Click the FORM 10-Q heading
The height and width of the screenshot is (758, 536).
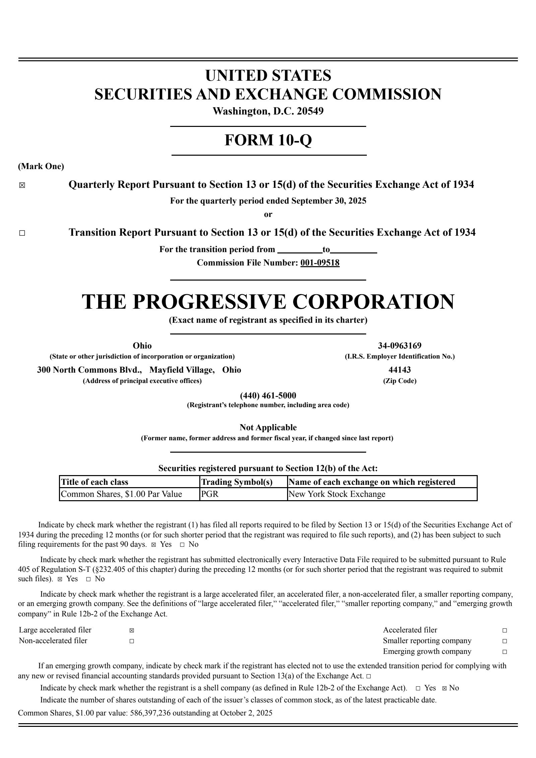(x=268, y=140)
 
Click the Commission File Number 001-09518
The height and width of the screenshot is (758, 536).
(x=320, y=263)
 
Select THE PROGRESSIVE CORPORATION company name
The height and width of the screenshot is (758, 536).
(x=268, y=302)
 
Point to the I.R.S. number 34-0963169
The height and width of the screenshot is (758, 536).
(x=400, y=346)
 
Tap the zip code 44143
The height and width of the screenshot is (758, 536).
(x=400, y=370)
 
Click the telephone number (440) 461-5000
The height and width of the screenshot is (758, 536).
(x=268, y=396)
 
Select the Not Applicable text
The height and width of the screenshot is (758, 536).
(x=268, y=428)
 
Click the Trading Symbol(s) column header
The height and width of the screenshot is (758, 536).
(x=237, y=482)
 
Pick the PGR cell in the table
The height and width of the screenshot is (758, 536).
(x=210, y=494)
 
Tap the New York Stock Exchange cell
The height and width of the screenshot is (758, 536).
(x=337, y=494)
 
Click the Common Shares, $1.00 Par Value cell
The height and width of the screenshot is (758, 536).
(x=121, y=494)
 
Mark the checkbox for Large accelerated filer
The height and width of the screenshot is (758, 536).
(x=132, y=630)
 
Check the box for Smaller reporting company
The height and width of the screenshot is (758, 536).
(x=505, y=641)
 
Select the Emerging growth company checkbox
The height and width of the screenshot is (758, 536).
(x=505, y=652)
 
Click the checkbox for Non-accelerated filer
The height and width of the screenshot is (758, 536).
(x=132, y=641)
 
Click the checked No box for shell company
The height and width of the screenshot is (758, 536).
(x=444, y=688)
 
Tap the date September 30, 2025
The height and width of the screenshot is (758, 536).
(x=329, y=201)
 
